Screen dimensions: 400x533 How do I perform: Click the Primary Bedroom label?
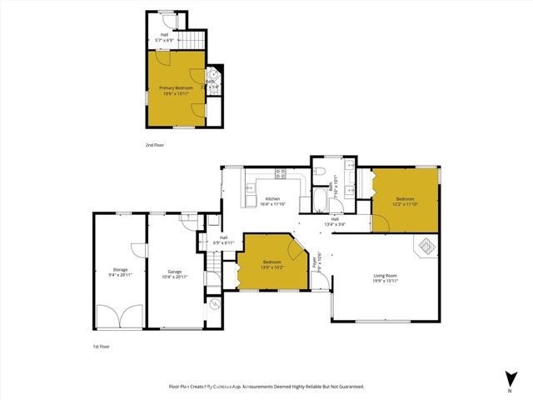click(x=176, y=91)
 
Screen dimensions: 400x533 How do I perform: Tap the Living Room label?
click(x=385, y=278)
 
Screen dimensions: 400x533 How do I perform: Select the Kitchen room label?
click(x=272, y=202)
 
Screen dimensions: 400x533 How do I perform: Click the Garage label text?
click(x=175, y=273)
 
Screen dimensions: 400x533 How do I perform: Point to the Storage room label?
click(x=120, y=273)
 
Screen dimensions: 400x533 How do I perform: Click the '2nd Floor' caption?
click(x=155, y=144)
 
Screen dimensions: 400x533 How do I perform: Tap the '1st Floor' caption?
click(x=102, y=346)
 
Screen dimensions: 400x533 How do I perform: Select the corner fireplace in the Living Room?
click(x=426, y=247)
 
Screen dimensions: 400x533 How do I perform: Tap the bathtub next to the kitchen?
click(x=321, y=200)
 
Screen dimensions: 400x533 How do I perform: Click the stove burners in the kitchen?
click(x=280, y=175)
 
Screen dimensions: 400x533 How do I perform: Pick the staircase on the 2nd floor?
click(x=193, y=39)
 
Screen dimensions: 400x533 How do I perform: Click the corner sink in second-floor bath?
click(x=214, y=74)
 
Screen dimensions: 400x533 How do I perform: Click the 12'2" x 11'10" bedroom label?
click(x=405, y=202)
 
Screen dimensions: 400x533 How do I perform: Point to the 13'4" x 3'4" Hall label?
click(x=335, y=222)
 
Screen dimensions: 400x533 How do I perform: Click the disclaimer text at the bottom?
click(x=266, y=387)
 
